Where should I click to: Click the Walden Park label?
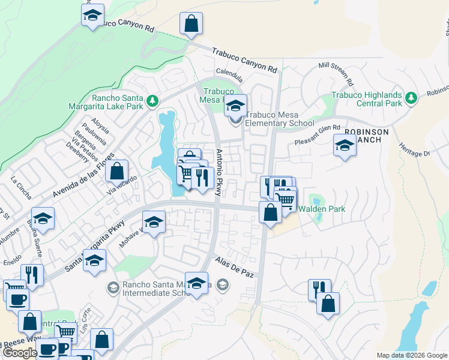[x=322, y=209]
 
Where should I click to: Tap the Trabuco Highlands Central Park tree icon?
[x=411, y=97]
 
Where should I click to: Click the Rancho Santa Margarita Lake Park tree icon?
[x=152, y=100]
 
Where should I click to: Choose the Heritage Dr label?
[x=414, y=150]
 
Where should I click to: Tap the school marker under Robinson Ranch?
[x=345, y=146]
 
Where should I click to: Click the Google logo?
[x=20, y=353]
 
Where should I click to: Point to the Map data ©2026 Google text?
[x=412, y=355]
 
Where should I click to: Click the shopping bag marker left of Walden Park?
[x=270, y=212]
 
